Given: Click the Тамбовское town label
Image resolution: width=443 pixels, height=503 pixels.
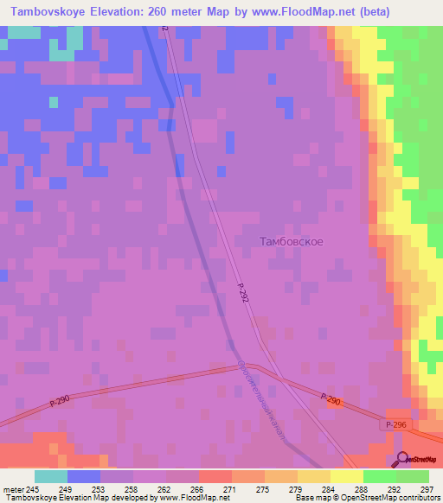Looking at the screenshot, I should click(x=292, y=241).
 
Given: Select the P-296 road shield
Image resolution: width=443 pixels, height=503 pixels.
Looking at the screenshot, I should click(x=396, y=425).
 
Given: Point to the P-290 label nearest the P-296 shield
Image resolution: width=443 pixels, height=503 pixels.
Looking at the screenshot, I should click(x=331, y=399).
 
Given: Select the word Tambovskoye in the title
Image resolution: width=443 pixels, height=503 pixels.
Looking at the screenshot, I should click(x=48, y=12).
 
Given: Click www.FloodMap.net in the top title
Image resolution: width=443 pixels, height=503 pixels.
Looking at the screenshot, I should click(x=295, y=12).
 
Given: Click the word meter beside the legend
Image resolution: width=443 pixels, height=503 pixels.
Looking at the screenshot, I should click(x=12, y=489).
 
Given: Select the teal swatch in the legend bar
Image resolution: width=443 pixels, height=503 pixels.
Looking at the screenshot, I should click(x=50, y=476).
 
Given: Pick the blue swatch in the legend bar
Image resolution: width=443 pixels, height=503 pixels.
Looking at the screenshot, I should click(x=84, y=476).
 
